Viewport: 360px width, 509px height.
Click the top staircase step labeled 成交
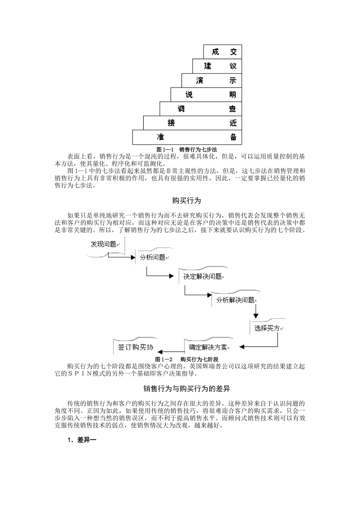[x=222, y=52]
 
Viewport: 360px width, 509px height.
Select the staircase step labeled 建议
[x=217, y=66]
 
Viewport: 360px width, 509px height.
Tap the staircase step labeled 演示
[x=211, y=80]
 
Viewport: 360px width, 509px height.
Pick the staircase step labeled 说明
[x=206, y=95]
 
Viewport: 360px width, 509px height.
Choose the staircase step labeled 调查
[x=200, y=109]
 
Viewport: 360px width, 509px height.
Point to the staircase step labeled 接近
[x=193, y=123]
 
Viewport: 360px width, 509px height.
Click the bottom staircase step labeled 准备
[x=187, y=137]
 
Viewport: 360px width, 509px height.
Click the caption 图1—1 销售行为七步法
[x=187, y=149]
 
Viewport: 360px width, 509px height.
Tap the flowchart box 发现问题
[x=103, y=244]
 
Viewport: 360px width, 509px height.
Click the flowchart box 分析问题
[x=153, y=258]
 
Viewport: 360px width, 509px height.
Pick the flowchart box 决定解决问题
[x=202, y=276]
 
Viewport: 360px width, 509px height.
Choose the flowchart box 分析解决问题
[x=236, y=300]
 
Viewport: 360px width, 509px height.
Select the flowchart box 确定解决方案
[x=208, y=347]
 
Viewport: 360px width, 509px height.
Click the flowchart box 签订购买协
[x=135, y=347]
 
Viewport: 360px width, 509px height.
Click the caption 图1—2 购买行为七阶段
[x=187, y=359]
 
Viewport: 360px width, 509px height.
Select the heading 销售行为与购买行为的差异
[x=186, y=389]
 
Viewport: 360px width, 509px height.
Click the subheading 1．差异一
[x=82, y=440]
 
